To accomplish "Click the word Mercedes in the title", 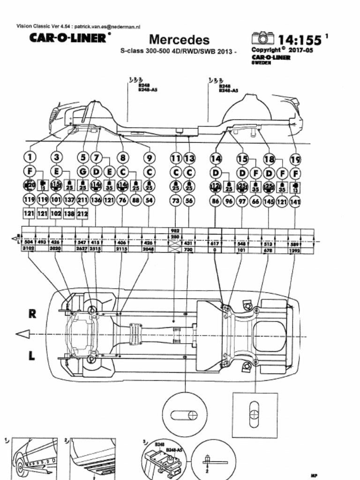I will click(x=179, y=40).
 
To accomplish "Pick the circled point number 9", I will click(x=149, y=158).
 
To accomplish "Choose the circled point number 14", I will click(x=216, y=158).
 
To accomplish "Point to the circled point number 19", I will click(x=295, y=159).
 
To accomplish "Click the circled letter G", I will click(x=83, y=172).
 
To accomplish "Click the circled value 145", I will click(x=269, y=201).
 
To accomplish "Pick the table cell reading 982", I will click(x=175, y=231).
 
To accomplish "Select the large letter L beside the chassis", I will click(x=32, y=356).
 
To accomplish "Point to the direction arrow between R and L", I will click(x=22, y=334).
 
